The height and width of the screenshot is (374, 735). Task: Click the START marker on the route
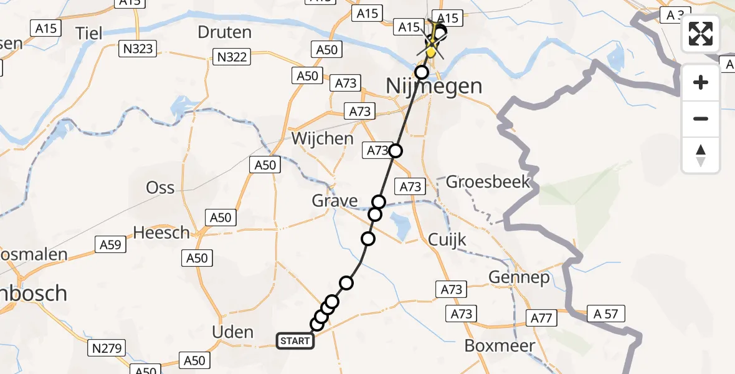click(x=295, y=341)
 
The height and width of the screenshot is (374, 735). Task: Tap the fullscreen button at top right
click(x=701, y=34)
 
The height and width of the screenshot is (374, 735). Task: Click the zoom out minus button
click(x=701, y=118)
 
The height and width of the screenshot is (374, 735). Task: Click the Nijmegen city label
click(x=434, y=85)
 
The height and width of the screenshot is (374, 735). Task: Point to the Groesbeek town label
click(x=488, y=182)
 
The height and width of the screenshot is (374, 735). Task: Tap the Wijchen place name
click(x=322, y=138)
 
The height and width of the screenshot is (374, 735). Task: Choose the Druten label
click(x=224, y=32)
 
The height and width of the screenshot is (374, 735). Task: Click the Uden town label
click(x=233, y=332)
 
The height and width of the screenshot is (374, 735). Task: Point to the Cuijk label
click(x=447, y=239)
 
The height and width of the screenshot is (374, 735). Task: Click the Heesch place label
click(x=161, y=233)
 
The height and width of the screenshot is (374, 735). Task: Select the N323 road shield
click(x=138, y=48)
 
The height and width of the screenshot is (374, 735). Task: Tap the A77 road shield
click(x=542, y=318)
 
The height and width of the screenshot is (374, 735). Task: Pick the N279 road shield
click(x=108, y=347)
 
